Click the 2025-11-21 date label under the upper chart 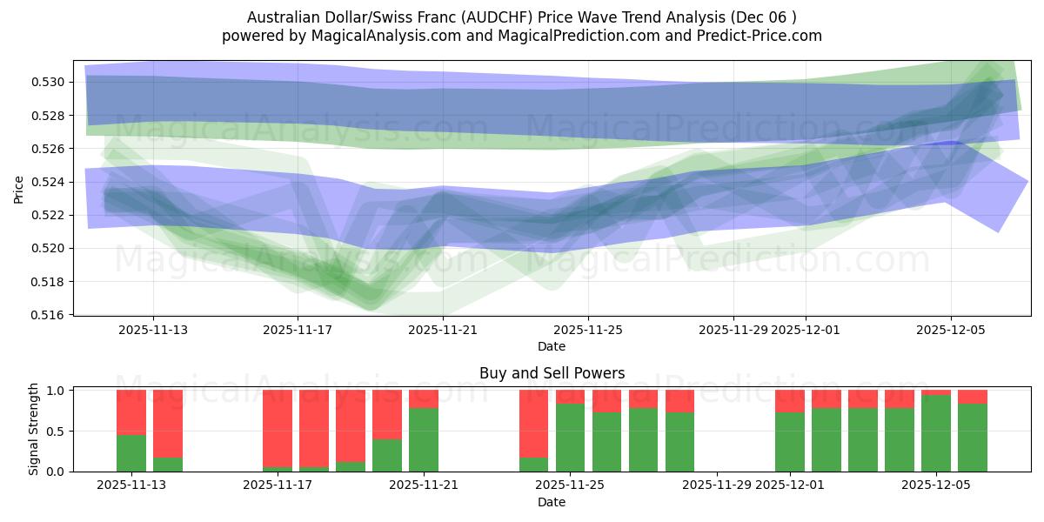(443, 330)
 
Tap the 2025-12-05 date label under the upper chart (950, 330)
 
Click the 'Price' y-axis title (19, 188)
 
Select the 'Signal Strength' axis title (34, 429)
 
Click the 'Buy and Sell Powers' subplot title (552, 373)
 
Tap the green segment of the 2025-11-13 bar (131, 452)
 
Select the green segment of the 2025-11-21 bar (424, 439)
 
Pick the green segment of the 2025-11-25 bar (570, 437)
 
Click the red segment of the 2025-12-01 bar (790, 400)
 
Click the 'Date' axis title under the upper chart (552, 346)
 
